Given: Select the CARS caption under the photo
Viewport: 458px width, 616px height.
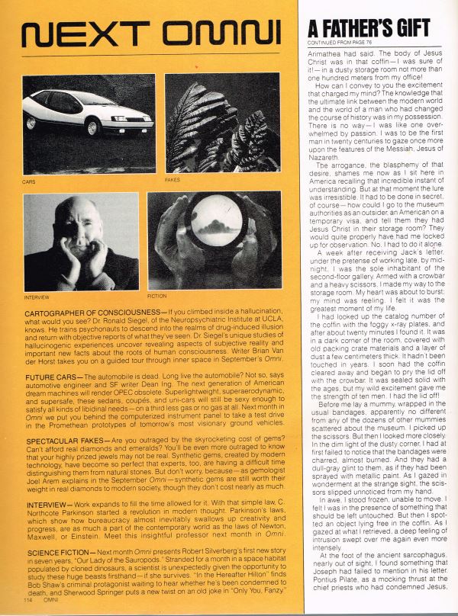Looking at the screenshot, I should pos(28,182).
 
